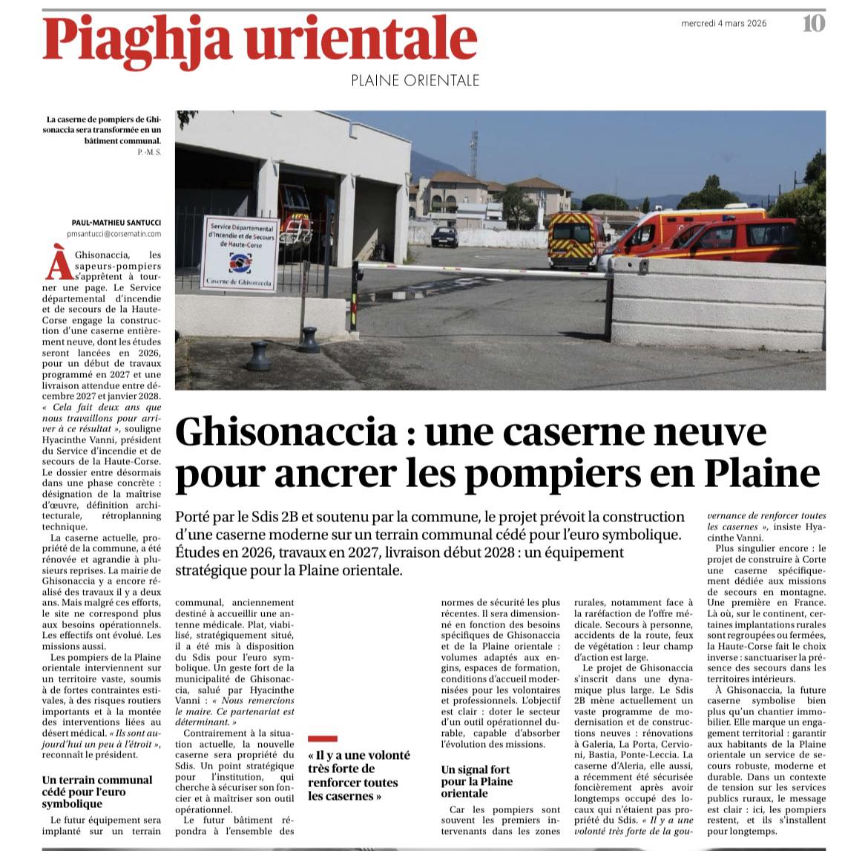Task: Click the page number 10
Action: (x=813, y=24)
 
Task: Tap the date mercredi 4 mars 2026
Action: (x=723, y=24)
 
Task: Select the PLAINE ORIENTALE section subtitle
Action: (x=415, y=80)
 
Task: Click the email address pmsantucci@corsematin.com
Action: (x=114, y=233)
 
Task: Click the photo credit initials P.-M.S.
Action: (x=149, y=151)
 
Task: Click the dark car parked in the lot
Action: (x=444, y=236)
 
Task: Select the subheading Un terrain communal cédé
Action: (x=96, y=792)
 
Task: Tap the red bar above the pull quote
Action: (x=322, y=739)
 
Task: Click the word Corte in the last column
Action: (x=810, y=561)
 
